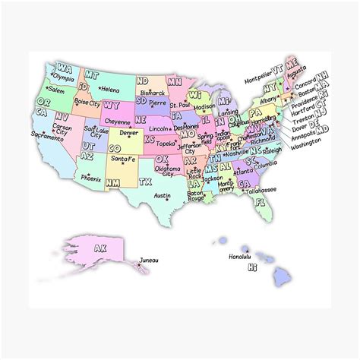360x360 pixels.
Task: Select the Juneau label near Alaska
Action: (x=150, y=260)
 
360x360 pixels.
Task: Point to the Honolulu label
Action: (x=240, y=256)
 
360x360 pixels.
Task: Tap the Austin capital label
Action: (x=162, y=195)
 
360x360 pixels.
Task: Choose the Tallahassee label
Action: (x=260, y=189)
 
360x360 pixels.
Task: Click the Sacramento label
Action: (x=47, y=134)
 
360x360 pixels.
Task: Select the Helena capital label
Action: (x=109, y=90)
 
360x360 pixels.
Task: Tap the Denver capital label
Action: (x=129, y=132)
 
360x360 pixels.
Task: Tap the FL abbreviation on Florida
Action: (x=261, y=202)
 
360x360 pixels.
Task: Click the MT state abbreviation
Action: (x=91, y=74)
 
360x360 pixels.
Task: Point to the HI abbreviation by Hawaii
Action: (x=254, y=267)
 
